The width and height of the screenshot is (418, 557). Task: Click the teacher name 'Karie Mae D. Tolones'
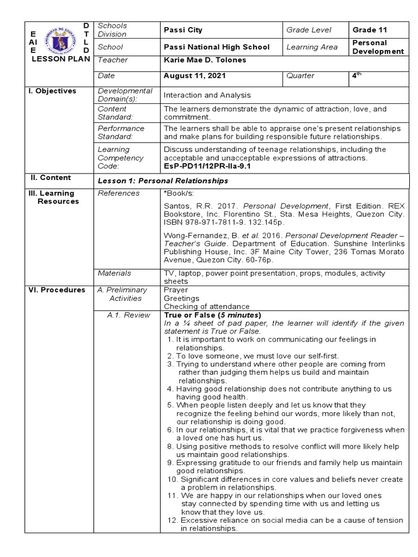click(x=205, y=60)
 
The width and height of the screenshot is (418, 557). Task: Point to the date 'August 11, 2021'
click(x=193, y=76)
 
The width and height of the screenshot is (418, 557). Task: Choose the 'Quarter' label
click(x=301, y=76)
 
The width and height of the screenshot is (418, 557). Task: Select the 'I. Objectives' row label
click(x=53, y=91)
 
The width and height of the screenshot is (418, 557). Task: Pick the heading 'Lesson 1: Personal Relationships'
click(x=163, y=181)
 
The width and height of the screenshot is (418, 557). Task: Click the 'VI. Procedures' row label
click(x=57, y=290)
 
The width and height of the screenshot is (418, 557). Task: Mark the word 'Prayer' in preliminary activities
click(x=175, y=290)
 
